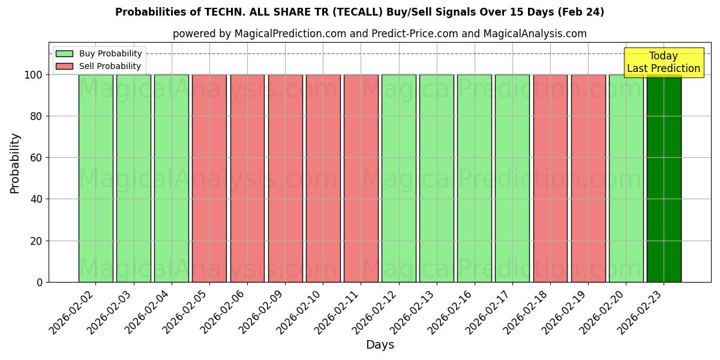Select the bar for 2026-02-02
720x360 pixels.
pyautogui.click(x=95, y=178)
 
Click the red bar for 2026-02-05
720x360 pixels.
pyautogui.click(x=209, y=178)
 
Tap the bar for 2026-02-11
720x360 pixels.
pyautogui.click(x=361, y=178)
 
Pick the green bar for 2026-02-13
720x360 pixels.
pyautogui.click(x=437, y=178)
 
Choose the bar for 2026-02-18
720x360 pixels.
pyautogui.click(x=550, y=178)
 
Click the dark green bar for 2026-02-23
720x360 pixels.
pyautogui.click(x=664, y=178)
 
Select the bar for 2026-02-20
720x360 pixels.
pyautogui.click(x=626, y=178)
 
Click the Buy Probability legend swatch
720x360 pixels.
pyautogui.click(x=64, y=54)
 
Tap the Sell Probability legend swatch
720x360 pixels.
pyautogui.click(x=64, y=67)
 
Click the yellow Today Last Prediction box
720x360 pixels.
pyautogui.click(x=664, y=62)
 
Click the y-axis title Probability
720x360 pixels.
pyautogui.click(x=15, y=163)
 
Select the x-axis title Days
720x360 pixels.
pyautogui.click(x=380, y=345)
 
